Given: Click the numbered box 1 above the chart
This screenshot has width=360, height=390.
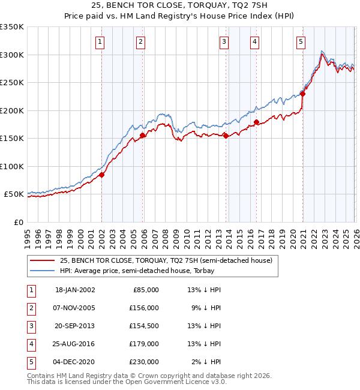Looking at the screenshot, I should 99,41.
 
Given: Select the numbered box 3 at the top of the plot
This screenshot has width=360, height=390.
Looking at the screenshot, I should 223,41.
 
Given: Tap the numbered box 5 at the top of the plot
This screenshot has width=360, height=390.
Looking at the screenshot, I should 300,41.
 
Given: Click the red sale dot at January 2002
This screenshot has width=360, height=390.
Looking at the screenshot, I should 102,175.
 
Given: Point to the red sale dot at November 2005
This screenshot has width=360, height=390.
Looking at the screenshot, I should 142,136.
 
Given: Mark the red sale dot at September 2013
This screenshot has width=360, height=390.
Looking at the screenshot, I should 226,136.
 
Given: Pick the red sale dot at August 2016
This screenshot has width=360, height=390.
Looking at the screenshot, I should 256,122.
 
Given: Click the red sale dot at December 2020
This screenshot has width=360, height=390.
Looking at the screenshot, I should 303,94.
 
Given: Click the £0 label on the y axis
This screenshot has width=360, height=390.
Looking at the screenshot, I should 18,222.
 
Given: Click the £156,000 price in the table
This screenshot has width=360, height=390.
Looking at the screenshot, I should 144,307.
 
